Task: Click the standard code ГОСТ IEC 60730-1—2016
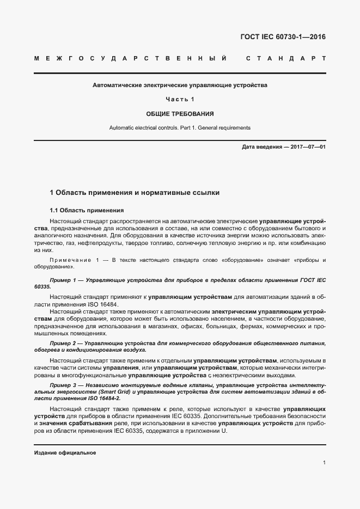tap(283, 38)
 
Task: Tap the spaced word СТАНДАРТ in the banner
tap(286, 58)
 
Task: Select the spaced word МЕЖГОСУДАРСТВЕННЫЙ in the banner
tap(130, 58)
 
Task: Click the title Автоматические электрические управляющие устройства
tap(180, 85)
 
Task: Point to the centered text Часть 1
tap(180, 100)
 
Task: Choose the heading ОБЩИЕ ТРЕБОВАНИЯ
tap(180, 114)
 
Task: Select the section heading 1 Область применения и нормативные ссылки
tap(135, 193)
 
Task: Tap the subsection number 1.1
tap(54, 210)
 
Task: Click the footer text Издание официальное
tap(65, 452)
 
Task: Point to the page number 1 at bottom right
tap(324, 463)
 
